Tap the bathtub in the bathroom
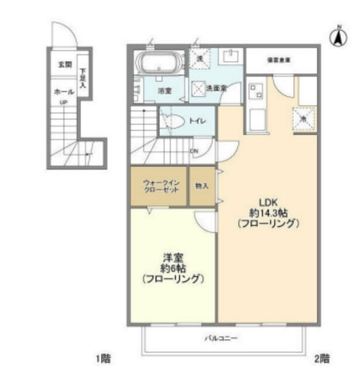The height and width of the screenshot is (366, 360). [x=159, y=62]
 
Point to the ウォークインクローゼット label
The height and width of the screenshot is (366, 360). [x=160, y=187]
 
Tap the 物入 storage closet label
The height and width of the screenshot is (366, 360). [x=202, y=187]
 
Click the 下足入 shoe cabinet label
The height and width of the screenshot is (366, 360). [x=82, y=77]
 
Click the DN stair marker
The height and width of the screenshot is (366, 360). [x=194, y=152]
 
